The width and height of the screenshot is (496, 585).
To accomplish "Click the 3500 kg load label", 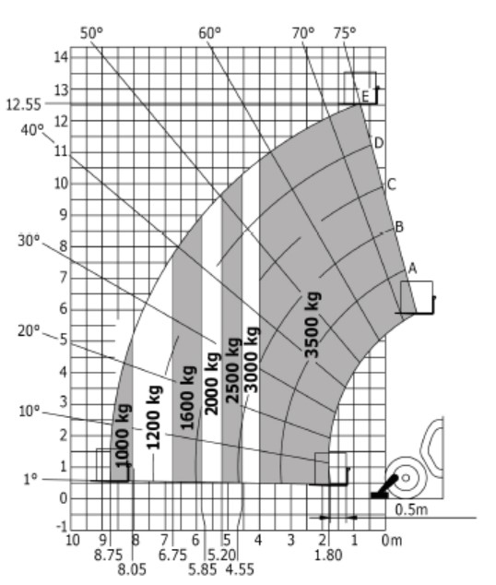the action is pos(313,325).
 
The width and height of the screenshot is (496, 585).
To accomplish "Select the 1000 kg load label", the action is pos(123,436).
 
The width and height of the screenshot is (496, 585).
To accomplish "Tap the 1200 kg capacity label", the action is pos(154,417).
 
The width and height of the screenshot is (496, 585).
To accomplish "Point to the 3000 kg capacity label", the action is pos(252,360).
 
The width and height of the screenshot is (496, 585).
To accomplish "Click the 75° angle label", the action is pos(345,33).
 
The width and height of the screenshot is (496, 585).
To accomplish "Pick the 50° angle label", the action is pos(91,33).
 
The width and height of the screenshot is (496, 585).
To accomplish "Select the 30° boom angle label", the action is pos(29,241).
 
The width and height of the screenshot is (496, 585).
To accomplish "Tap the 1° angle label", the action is pos(30,479).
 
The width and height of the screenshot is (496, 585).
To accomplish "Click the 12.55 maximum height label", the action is pos(23,105).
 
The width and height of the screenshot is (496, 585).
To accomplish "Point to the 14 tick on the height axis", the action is pos(62,57).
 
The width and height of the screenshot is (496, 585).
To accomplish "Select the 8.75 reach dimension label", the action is pos(108,555).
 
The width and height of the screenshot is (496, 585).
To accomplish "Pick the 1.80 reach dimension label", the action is pos(328,555).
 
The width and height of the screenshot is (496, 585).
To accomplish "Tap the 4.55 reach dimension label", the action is pos(240,569).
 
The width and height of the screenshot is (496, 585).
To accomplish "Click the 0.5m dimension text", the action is pos(411,509).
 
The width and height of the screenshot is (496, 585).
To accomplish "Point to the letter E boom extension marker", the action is pos(365,97).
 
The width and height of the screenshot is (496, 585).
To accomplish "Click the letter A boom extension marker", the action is pos(412,269).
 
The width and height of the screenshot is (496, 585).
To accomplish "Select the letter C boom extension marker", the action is pos(391,185).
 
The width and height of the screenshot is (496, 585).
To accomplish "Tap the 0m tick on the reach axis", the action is pos(392,540).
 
